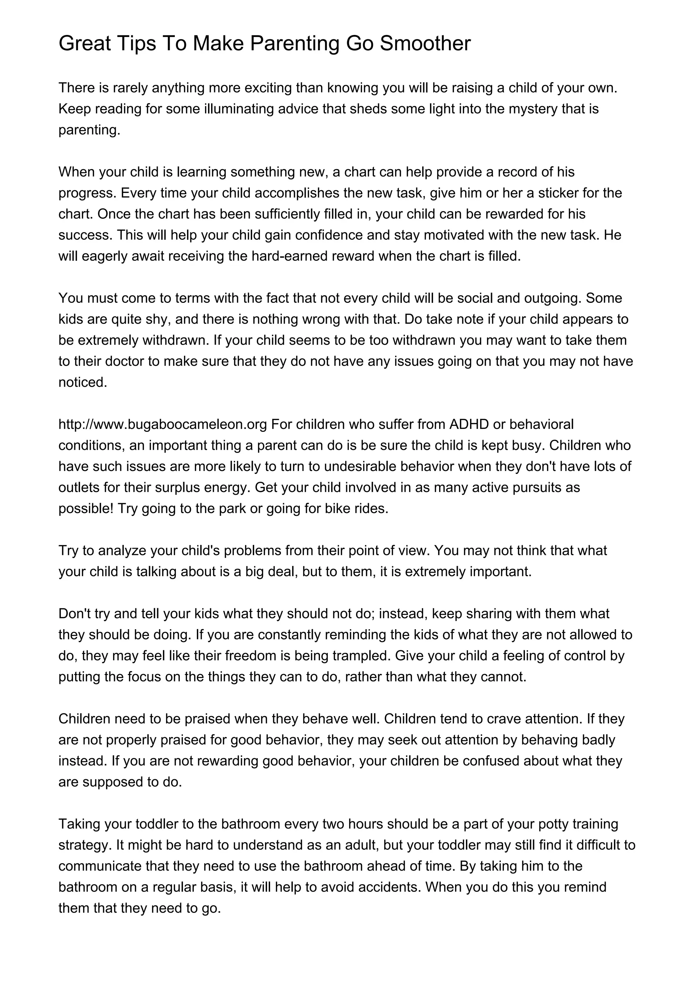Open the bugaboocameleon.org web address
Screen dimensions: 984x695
pyautogui.click(x=163, y=424)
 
